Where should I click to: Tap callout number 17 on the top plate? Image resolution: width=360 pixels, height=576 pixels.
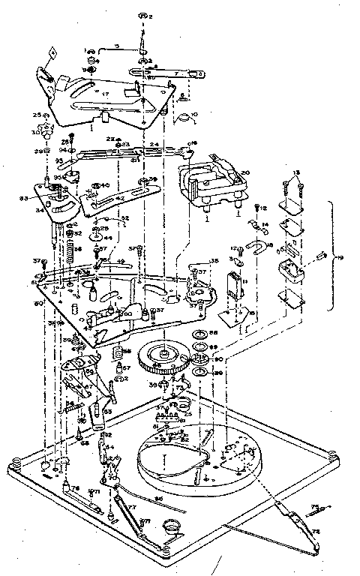(x=106, y=94)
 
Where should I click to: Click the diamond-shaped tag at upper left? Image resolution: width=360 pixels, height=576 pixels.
(x=52, y=52)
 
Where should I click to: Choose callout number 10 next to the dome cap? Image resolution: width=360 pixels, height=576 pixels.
(x=193, y=113)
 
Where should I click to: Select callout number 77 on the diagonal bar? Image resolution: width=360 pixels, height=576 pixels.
(x=132, y=507)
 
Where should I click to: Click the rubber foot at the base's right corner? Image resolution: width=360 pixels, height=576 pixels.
(x=332, y=455)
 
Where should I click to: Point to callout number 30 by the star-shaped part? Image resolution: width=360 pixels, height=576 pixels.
(x=35, y=132)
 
